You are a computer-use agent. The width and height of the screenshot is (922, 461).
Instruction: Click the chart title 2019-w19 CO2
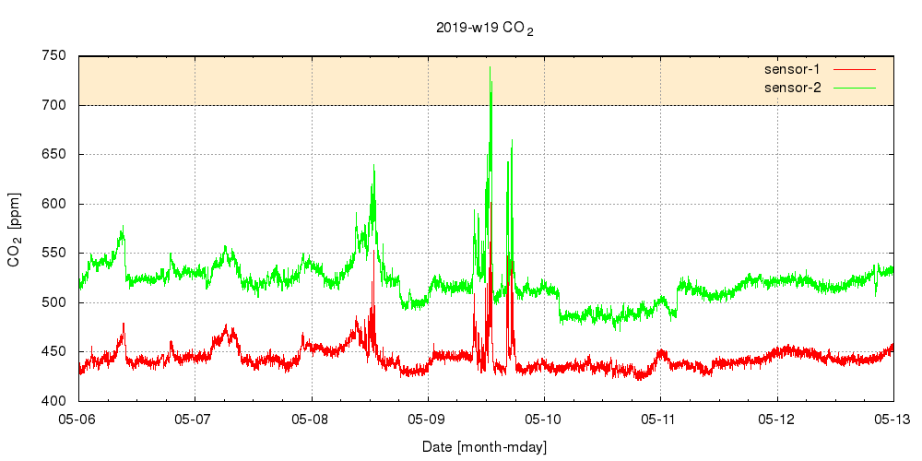[485, 29]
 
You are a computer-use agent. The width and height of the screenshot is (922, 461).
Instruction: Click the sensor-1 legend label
[792, 69]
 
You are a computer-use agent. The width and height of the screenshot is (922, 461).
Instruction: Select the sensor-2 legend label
[792, 88]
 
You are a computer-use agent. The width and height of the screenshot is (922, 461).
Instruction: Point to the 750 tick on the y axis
[54, 56]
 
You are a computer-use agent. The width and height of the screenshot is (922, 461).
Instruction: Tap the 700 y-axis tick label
[54, 105]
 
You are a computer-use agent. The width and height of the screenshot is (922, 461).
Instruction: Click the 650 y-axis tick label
[54, 155]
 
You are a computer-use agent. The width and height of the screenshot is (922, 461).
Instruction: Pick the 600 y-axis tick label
[54, 204]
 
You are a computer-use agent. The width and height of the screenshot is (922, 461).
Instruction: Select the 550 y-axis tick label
[54, 254]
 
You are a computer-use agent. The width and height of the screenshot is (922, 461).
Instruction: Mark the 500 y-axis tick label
[54, 302]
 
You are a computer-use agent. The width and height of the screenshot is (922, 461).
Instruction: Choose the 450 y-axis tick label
[54, 352]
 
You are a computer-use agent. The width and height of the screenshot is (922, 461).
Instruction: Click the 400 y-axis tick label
[54, 401]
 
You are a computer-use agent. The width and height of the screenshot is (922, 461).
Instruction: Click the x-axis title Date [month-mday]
[485, 447]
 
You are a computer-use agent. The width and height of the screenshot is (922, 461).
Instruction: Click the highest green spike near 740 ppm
[491, 68]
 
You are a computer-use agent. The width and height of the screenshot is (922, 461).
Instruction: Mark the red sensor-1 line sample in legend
[855, 69]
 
